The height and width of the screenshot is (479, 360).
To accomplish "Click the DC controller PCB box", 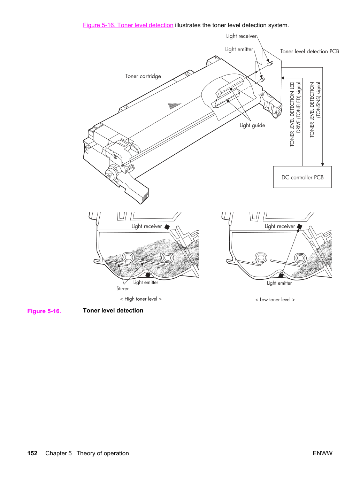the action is coord(302,177).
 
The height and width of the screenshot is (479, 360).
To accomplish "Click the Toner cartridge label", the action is coord(143,76).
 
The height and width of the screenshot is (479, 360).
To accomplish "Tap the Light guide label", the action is coord(252,125).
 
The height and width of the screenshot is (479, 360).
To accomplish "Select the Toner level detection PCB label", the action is coord(309,51).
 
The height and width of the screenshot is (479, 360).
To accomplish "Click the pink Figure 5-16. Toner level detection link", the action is coord(128,25).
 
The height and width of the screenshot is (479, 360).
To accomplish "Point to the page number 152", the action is coord(32,453).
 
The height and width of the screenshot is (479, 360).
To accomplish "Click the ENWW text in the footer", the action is coord(322,453).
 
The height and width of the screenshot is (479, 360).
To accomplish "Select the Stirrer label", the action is coord(122,288).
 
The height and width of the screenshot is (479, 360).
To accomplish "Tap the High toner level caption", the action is coord(141,299).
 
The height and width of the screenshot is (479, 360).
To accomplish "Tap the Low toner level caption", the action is coord(275,300).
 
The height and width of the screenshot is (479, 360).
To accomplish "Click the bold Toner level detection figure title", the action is coord(113,310).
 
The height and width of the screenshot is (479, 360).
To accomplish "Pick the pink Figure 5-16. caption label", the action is coord(44,311).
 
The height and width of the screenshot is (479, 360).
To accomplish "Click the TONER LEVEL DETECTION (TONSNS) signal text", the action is coord(315,109).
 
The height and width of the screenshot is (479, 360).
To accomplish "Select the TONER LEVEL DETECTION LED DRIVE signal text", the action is coord(296,114).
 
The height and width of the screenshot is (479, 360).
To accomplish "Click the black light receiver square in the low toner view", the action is coord(300,226).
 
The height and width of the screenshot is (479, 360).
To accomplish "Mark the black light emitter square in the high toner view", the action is coord(148,275).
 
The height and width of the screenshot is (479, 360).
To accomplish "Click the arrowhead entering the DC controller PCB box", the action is coord(322,164).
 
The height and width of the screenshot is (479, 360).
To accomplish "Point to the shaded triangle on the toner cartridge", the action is coord(174,106).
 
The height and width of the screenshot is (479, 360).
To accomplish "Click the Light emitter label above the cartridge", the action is coord(239,49).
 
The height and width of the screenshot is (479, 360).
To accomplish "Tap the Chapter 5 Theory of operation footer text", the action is coord(87,453).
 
